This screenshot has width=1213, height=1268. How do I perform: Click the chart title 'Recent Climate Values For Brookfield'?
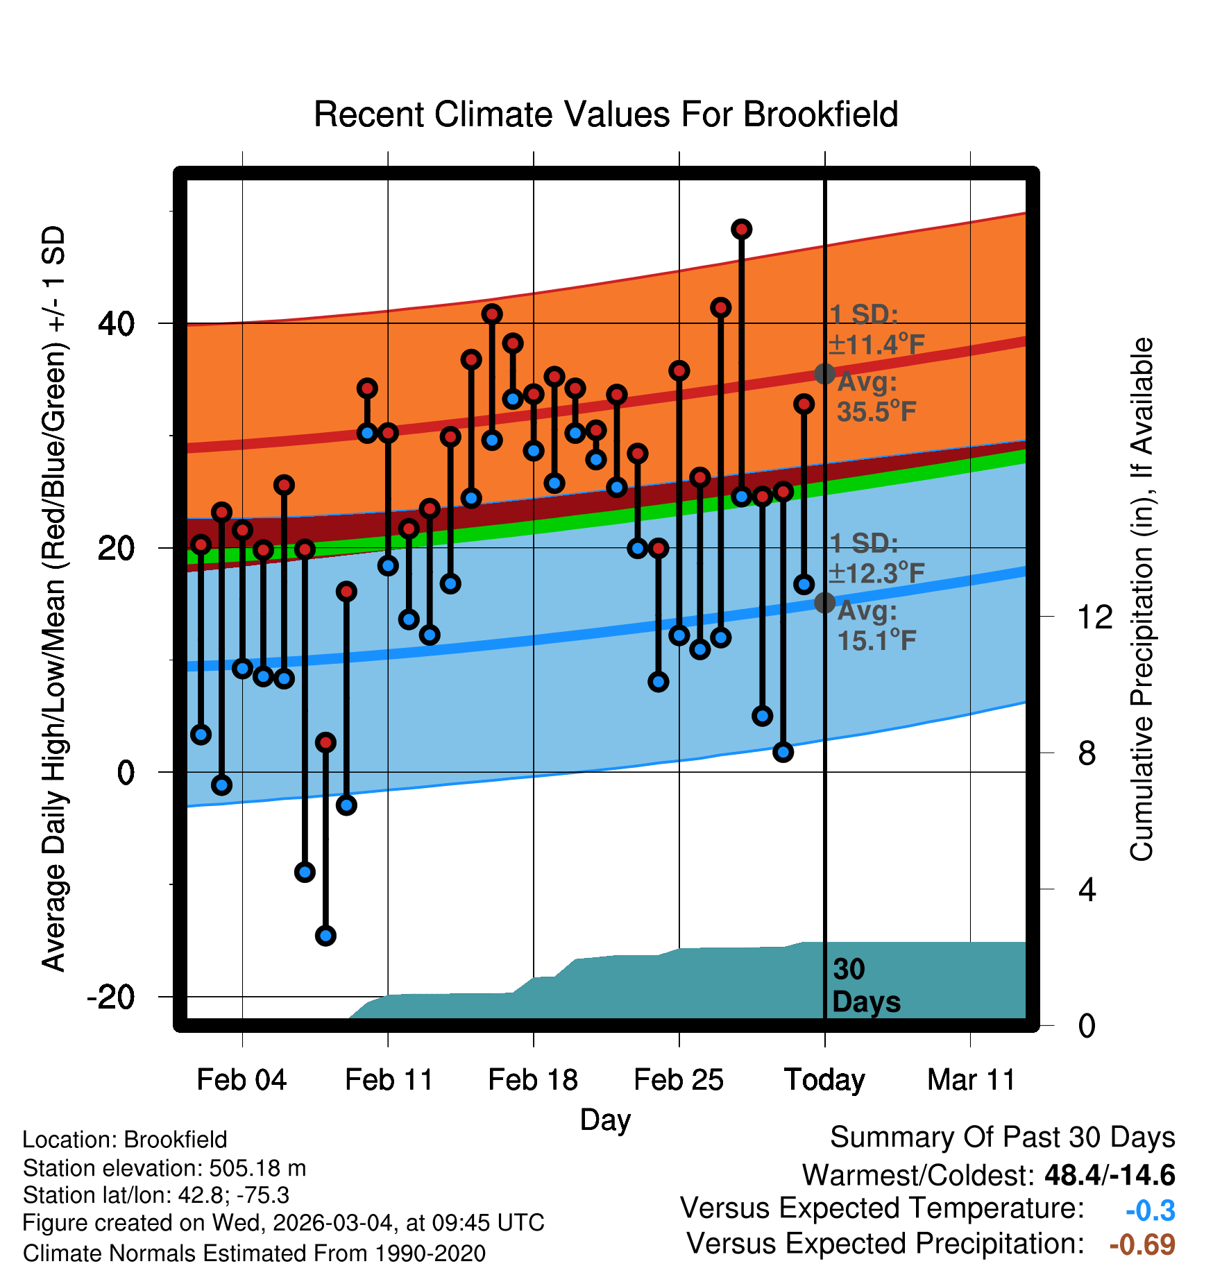pyautogui.click(x=606, y=114)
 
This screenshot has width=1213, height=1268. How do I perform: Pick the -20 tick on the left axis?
pyautogui.click(x=111, y=997)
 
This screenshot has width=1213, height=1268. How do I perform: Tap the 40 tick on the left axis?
pyautogui.click(x=117, y=323)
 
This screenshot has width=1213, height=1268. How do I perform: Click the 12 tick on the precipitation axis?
pyautogui.click(x=1095, y=617)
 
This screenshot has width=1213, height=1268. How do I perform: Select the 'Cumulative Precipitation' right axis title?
pyautogui.click(x=1142, y=600)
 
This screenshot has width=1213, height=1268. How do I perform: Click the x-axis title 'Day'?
pyautogui.click(x=605, y=1120)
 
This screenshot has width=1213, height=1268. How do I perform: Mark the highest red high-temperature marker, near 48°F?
pyautogui.click(x=742, y=229)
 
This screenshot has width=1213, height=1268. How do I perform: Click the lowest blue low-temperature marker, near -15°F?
pyautogui.click(x=325, y=936)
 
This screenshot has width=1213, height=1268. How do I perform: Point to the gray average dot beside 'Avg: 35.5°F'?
pyautogui.click(x=824, y=374)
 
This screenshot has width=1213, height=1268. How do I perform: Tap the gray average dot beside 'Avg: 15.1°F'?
pyautogui.click(x=824, y=602)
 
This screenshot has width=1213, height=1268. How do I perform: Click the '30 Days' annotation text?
pyautogui.click(x=865, y=986)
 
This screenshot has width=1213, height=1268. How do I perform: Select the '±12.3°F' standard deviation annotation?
pyautogui.click(x=876, y=574)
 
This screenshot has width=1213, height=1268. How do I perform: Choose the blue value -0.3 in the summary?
pyautogui.click(x=1150, y=1210)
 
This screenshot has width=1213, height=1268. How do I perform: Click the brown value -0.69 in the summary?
pyautogui.click(x=1142, y=1244)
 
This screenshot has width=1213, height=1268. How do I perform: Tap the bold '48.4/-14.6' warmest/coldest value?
pyautogui.click(x=1110, y=1175)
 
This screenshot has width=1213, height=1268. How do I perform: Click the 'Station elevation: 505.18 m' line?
pyautogui.click(x=164, y=1168)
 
